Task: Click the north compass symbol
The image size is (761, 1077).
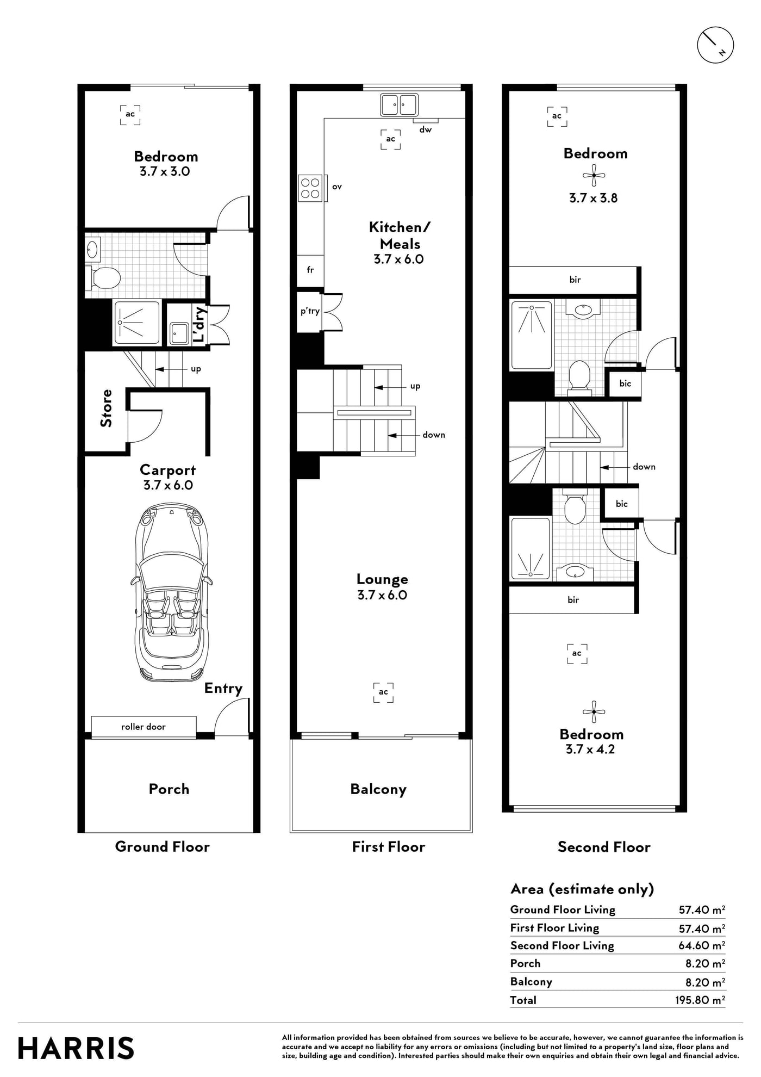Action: click(715, 45)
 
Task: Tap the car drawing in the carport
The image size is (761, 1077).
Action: click(170, 592)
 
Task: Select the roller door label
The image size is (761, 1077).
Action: click(144, 727)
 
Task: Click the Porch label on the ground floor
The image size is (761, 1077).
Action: click(169, 789)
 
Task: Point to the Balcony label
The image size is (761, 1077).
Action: click(378, 789)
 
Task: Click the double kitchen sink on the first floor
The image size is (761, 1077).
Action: click(399, 104)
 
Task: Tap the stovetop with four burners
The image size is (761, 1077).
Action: click(310, 188)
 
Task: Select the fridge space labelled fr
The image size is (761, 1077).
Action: click(310, 270)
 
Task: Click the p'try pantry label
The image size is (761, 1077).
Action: click(310, 311)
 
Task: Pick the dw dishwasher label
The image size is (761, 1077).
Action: click(426, 129)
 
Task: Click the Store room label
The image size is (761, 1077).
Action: click(106, 408)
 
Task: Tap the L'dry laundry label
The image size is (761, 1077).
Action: click(199, 325)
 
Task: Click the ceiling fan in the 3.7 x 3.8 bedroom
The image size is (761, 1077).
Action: click(594, 175)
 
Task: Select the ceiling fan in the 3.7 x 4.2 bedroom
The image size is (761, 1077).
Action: click(594, 711)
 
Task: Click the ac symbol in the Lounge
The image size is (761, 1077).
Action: click(384, 692)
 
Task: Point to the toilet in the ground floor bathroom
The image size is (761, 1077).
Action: click(103, 278)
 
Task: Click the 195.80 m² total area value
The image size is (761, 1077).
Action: click(700, 1000)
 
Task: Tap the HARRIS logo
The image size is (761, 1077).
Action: click(76, 1048)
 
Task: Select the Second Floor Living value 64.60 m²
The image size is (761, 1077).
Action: click(702, 945)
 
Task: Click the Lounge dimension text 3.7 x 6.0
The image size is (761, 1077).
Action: click(382, 595)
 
